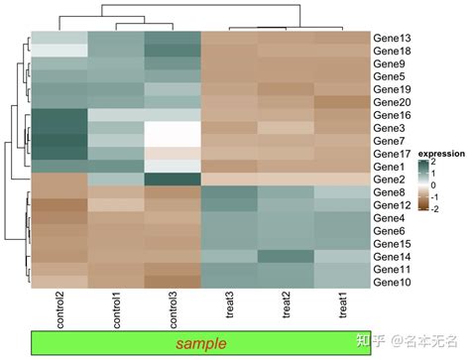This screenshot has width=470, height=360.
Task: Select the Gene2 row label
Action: point(390,179)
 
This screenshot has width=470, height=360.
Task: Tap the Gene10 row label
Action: point(393,282)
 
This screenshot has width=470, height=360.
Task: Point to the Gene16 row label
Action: point(393,115)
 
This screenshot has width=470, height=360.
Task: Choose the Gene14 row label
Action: point(393,256)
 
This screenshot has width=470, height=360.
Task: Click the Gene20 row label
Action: point(393,102)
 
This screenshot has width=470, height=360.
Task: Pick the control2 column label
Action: point(58,311)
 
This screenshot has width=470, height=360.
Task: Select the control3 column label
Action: point(173,311)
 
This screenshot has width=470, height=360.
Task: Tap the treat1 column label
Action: point(343,308)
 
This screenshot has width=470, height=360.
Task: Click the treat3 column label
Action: point(230,308)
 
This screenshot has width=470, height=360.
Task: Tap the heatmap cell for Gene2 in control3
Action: point(173,179)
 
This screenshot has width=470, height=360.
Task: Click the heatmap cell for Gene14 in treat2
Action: point(287,256)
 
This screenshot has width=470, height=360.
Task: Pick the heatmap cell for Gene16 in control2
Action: point(59,115)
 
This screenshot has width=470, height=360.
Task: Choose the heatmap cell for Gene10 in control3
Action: point(173,282)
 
